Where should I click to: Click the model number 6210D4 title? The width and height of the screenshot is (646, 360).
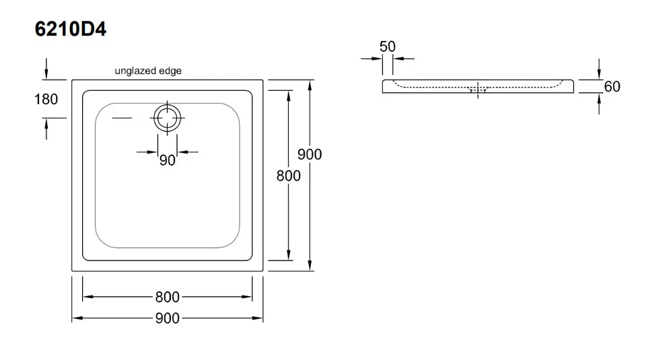click(x=69, y=29)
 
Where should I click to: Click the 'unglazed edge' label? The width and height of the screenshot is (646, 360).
click(x=148, y=71)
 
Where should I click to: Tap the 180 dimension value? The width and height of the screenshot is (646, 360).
click(x=46, y=99)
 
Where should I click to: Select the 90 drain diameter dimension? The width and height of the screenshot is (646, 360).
click(x=168, y=160)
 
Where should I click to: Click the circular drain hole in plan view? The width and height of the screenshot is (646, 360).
click(x=167, y=118)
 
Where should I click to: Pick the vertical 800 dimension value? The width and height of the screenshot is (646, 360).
click(x=289, y=176)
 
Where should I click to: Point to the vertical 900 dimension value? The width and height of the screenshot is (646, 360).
click(x=310, y=155)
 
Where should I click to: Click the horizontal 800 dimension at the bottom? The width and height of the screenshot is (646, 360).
click(x=167, y=297)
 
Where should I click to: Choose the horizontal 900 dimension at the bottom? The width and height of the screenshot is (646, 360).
click(x=167, y=318)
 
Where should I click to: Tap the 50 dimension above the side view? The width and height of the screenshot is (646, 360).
click(x=388, y=46)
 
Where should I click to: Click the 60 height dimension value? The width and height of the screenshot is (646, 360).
click(x=612, y=87)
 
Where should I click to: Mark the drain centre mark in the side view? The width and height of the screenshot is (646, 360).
click(x=478, y=89)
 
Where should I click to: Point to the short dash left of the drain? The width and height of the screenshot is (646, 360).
click(x=122, y=118)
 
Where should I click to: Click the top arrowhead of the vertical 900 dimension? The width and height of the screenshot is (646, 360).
click(x=310, y=85)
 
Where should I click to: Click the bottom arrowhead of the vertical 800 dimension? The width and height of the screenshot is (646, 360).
click(x=289, y=256)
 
